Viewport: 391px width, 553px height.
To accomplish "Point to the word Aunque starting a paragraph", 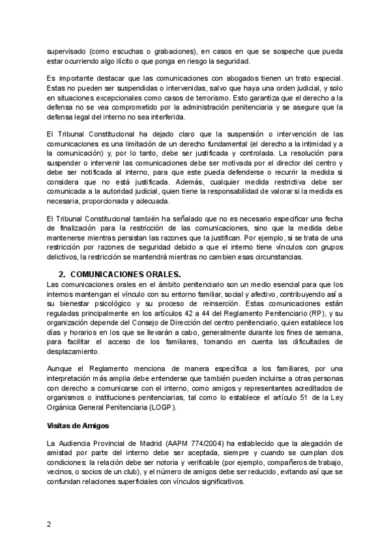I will (61, 368).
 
